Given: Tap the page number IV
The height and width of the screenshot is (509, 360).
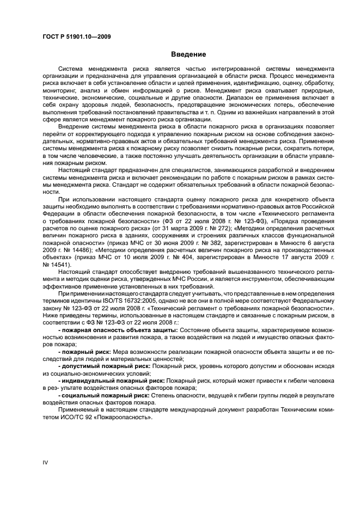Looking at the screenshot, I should [x=46, y=462].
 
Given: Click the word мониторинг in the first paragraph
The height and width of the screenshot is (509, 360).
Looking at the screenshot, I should [x=63, y=90].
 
